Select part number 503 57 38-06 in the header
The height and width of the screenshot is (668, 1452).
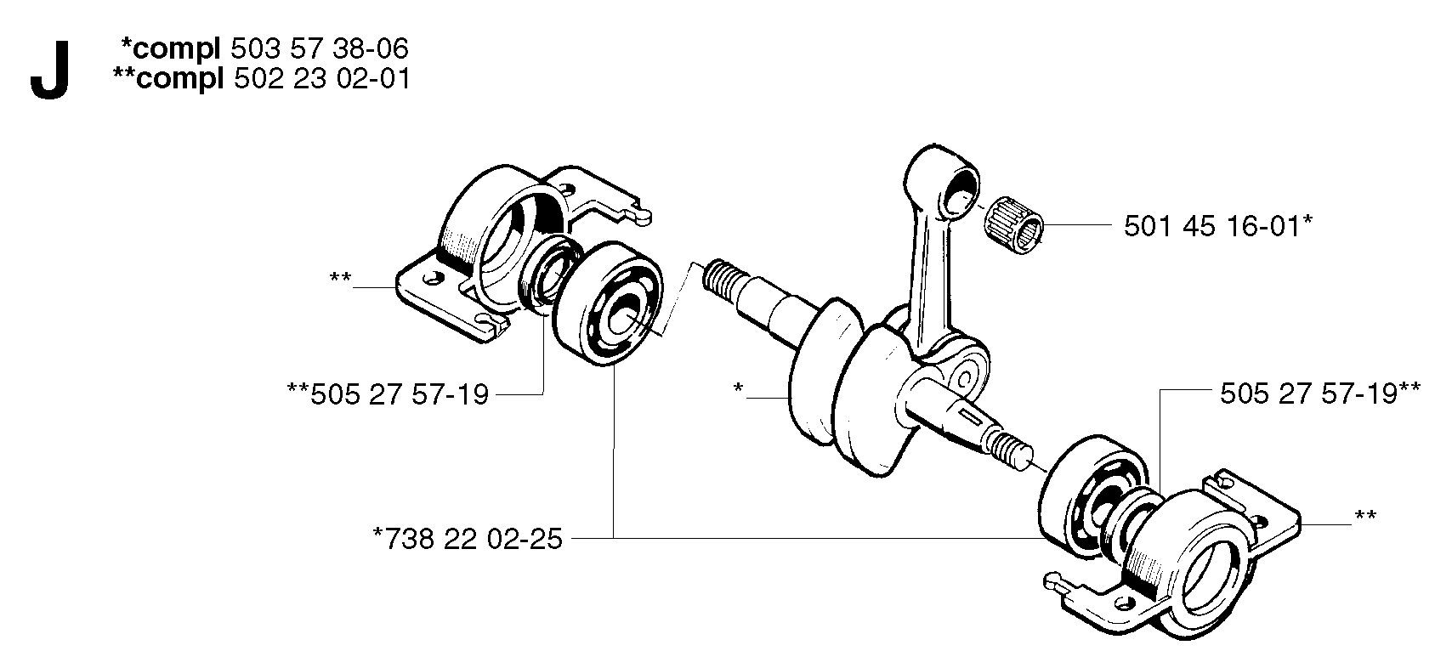[x=320, y=49]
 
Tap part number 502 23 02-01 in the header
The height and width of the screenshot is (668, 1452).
[x=321, y=79]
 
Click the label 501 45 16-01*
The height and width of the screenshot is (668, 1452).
[x=1218, y=226]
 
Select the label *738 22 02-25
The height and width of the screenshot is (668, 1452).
[x=468, y=539]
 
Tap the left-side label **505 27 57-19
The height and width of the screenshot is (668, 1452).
[x=388, y=394]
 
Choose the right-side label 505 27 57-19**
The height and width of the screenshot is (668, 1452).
[x=1319, y=393]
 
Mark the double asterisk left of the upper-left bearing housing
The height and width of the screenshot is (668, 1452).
[x=340, y=279]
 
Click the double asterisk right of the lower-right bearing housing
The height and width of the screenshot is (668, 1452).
[x=1365, y=517]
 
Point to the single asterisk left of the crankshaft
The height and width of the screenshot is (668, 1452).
[x=738, y=388]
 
